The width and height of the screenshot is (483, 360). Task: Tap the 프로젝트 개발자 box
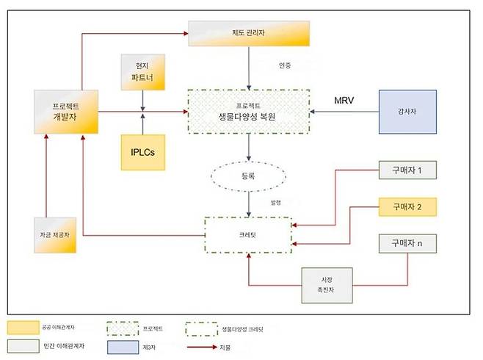(67, 112)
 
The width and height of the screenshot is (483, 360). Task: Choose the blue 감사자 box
(407, 112)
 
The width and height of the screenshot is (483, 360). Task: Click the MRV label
(344, 98)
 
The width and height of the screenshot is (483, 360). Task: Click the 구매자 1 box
(407, 171)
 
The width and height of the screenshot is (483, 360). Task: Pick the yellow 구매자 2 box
(407, 208)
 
